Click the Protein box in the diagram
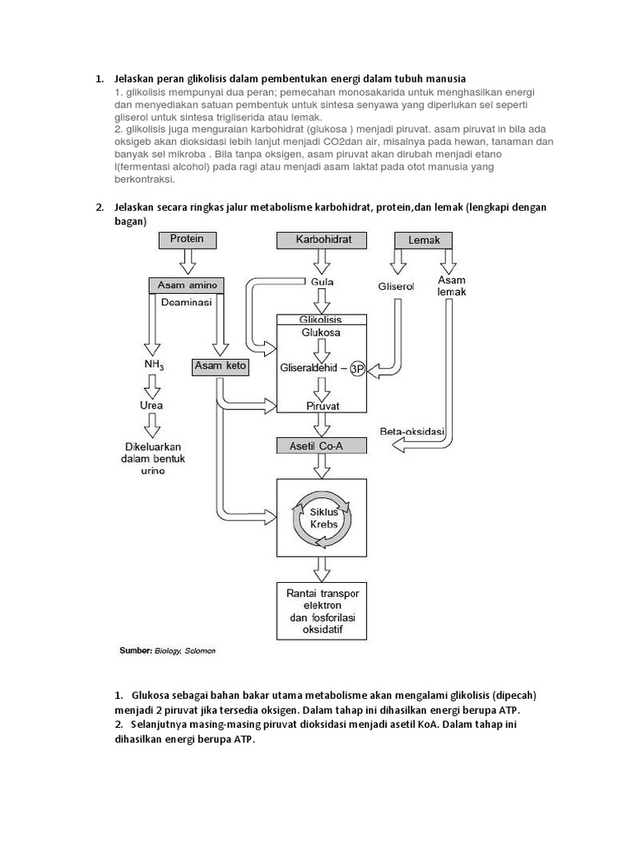point(187,240)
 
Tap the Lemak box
point(424,240)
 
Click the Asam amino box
point(186,285)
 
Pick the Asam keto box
point(221,366)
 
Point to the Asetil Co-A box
point(322,445)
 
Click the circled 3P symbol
point(357,370)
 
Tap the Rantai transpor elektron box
point(322,612)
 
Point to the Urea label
point(151,405)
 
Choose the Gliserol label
point(397,286)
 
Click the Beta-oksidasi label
point(412,431)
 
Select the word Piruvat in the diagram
point(322,406)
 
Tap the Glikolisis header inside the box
point(322,319)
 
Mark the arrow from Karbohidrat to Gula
point(322,261)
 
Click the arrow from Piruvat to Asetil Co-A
point(322,425)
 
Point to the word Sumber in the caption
point(136,650)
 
